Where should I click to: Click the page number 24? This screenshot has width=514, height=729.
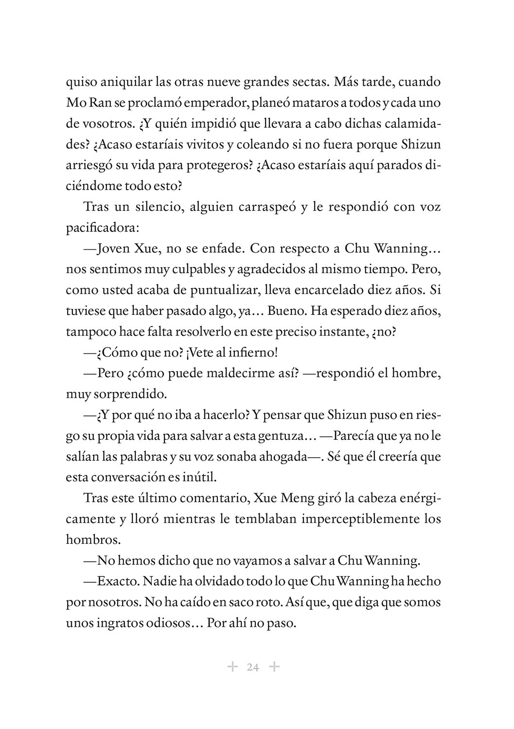click(x=253, y=667)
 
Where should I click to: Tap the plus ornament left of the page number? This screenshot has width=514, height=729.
click(x=232, y=667)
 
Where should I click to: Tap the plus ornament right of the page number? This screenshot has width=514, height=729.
click(x=275, y=667)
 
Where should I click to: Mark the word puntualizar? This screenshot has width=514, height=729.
click(x=228, y=291)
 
